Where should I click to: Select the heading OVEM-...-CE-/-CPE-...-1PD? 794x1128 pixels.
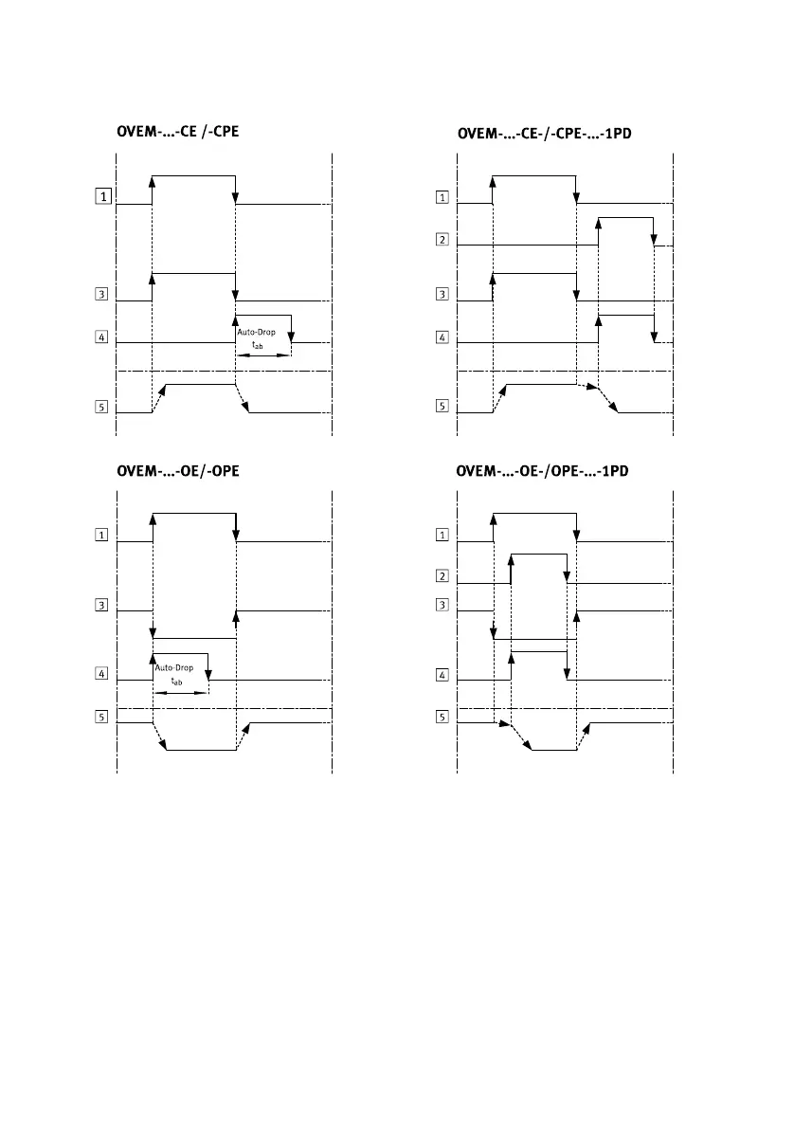(545, 134)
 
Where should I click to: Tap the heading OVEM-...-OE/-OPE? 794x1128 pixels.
(176, 470)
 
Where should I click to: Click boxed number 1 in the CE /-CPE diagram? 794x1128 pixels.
(101, 197)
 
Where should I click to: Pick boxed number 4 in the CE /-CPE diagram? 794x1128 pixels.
(101, 337)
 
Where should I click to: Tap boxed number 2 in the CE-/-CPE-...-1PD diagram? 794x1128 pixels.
(442, 240)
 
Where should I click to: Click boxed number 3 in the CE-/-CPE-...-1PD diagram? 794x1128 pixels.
(442, 295)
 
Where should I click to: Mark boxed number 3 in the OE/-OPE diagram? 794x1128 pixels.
(101, 605)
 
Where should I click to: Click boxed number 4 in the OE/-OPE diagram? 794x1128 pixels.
(101, 674)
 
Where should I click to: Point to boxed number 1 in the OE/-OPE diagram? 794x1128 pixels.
(101, 535)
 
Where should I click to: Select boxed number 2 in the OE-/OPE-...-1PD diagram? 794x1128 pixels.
(442, 576)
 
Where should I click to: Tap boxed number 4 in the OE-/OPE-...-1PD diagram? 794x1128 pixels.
(442, 675)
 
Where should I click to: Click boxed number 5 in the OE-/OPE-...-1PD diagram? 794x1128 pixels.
(442, 717)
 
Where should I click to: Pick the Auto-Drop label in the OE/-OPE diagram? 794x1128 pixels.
(174, 668)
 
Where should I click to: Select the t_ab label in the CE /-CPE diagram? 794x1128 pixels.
(259, 347)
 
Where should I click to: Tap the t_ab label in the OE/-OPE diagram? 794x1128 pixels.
(175, 682)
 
